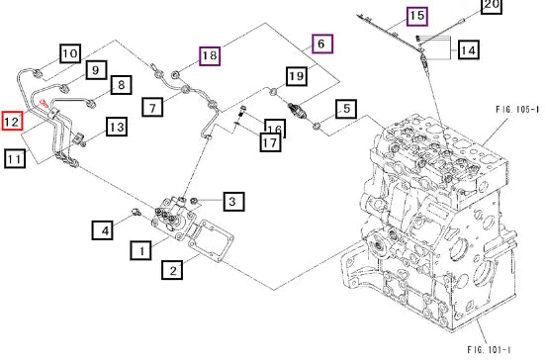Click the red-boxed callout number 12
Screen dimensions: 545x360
click(12, 121)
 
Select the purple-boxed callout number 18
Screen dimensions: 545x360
click(210, 56)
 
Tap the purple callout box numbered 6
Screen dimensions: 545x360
click(322, 45)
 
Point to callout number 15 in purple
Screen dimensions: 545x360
click(417, 16)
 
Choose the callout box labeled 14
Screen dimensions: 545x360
click(469, 49)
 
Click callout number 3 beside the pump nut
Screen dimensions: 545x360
click(233, 201)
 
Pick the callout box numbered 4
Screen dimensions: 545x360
click(103, 230)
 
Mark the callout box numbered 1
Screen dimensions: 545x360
click(140, 250)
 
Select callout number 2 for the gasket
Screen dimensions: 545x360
click(172, 270)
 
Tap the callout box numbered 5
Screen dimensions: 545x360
click(346, 109)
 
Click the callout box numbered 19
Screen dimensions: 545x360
click(297, 76)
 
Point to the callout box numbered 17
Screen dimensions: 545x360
click(270, 142)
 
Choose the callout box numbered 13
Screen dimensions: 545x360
click(117, 127)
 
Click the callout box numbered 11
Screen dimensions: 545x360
click(15, 159)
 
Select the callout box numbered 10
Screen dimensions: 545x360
click(70, 53)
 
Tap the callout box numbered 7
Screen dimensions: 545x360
click(152, 107)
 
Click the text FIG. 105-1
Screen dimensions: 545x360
click(517, 110)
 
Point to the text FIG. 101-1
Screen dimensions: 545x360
click(489, 349)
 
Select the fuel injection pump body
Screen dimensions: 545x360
click(173, 218)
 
